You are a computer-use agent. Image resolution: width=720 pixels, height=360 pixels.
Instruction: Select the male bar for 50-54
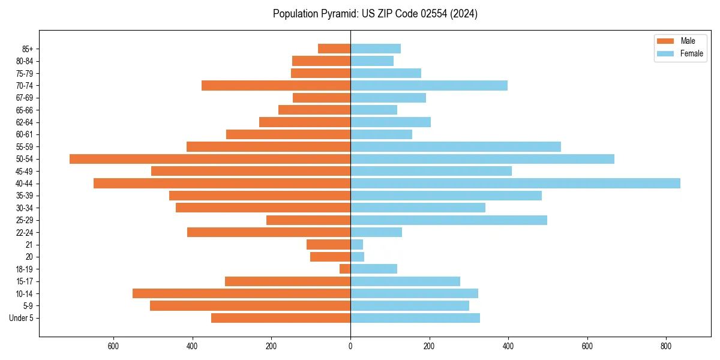(210, 159)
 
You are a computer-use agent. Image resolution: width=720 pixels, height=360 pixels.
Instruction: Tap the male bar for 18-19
(345, 269)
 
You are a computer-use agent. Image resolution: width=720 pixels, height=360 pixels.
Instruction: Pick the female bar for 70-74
(429, 86)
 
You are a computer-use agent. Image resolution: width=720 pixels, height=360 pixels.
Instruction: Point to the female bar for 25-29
(449, 220)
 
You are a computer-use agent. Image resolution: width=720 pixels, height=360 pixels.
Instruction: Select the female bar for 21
(356, 245)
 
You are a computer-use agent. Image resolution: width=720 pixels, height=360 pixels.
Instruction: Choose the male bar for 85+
(334, 49)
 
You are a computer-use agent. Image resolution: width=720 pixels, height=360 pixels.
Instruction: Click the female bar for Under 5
(415, 318)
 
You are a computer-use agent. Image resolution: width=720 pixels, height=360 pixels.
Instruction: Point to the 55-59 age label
(25, 147)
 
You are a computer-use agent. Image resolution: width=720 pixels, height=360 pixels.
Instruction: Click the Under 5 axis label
(22, 318)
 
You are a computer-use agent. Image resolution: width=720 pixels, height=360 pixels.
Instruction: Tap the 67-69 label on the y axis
(25, 98)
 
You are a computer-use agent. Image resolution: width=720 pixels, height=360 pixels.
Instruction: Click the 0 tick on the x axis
(350, 346)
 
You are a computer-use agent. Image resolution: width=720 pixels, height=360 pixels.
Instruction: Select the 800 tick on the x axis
(665, 346)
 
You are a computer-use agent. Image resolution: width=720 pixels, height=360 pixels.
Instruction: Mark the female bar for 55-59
(455, 147)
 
